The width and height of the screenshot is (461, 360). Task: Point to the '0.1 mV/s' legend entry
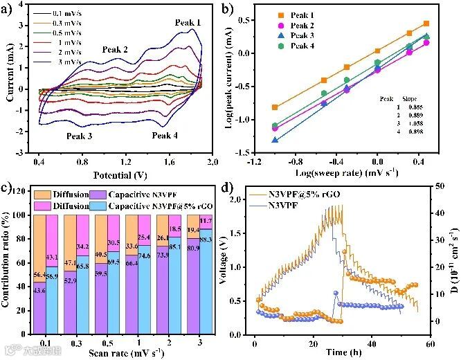coord(67,13)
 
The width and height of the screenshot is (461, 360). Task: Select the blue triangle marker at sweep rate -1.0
coord(275,139)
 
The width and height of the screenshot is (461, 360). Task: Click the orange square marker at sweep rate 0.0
coord(377,51)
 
